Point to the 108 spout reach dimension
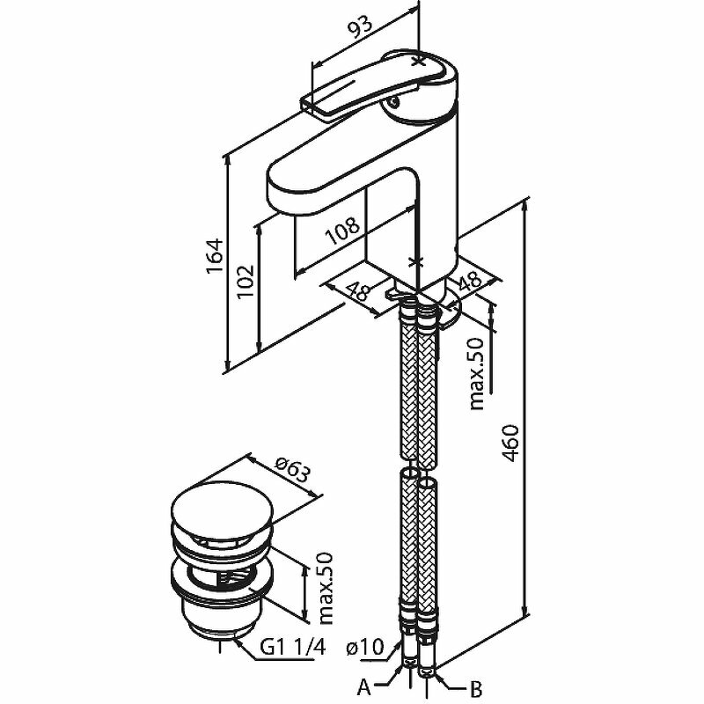coord(343,230)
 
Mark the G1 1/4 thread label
coord(295,649)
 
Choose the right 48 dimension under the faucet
coord(469,282)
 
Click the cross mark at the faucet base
coord(417,261)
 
